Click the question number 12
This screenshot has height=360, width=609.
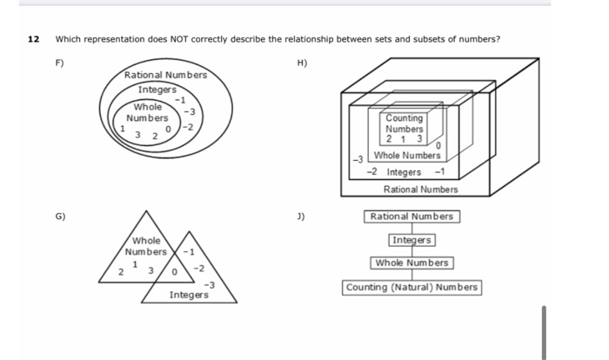pyautogui.click(x=34, y=39)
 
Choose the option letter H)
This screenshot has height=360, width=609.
pyautogui.click(x=303, y=63)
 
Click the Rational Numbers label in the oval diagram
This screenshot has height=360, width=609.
pyautogui.click(x=165, y=76)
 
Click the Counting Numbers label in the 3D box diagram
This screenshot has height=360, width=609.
pyautogui.click(x=405, y=123)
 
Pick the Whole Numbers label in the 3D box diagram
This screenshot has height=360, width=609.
pyautogui.click(x=406, y=156)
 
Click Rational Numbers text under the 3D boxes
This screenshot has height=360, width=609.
pyautogui.click(x=421, y=189)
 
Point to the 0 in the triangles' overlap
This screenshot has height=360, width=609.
pyautogui.click(x=175, y=273)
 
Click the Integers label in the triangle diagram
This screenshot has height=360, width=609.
pyautogui.click(x=188, y=296)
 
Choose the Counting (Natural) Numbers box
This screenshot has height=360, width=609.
pyautogui.click(x=412, y=287)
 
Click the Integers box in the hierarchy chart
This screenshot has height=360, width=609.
pyautogui.click(x=412, y=240)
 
